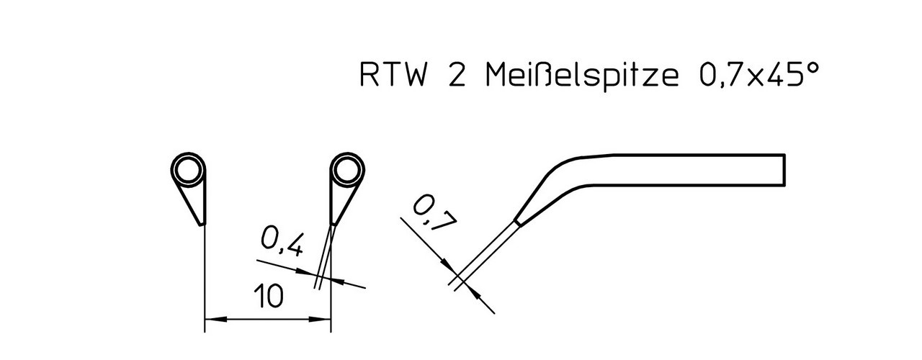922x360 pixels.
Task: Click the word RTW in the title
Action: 393,75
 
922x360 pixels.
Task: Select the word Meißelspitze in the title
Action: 582,76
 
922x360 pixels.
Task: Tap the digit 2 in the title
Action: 457,75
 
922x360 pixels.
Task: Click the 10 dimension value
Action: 269,296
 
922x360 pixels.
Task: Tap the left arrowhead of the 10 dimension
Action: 215,319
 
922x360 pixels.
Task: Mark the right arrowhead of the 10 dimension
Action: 320,319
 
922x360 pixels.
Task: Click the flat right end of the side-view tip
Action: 784,169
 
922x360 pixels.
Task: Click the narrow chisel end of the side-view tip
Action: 517,222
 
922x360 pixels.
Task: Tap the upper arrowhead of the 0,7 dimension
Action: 446,264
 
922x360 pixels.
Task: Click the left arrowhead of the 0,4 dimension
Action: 307,272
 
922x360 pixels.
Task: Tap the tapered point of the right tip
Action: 333,224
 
